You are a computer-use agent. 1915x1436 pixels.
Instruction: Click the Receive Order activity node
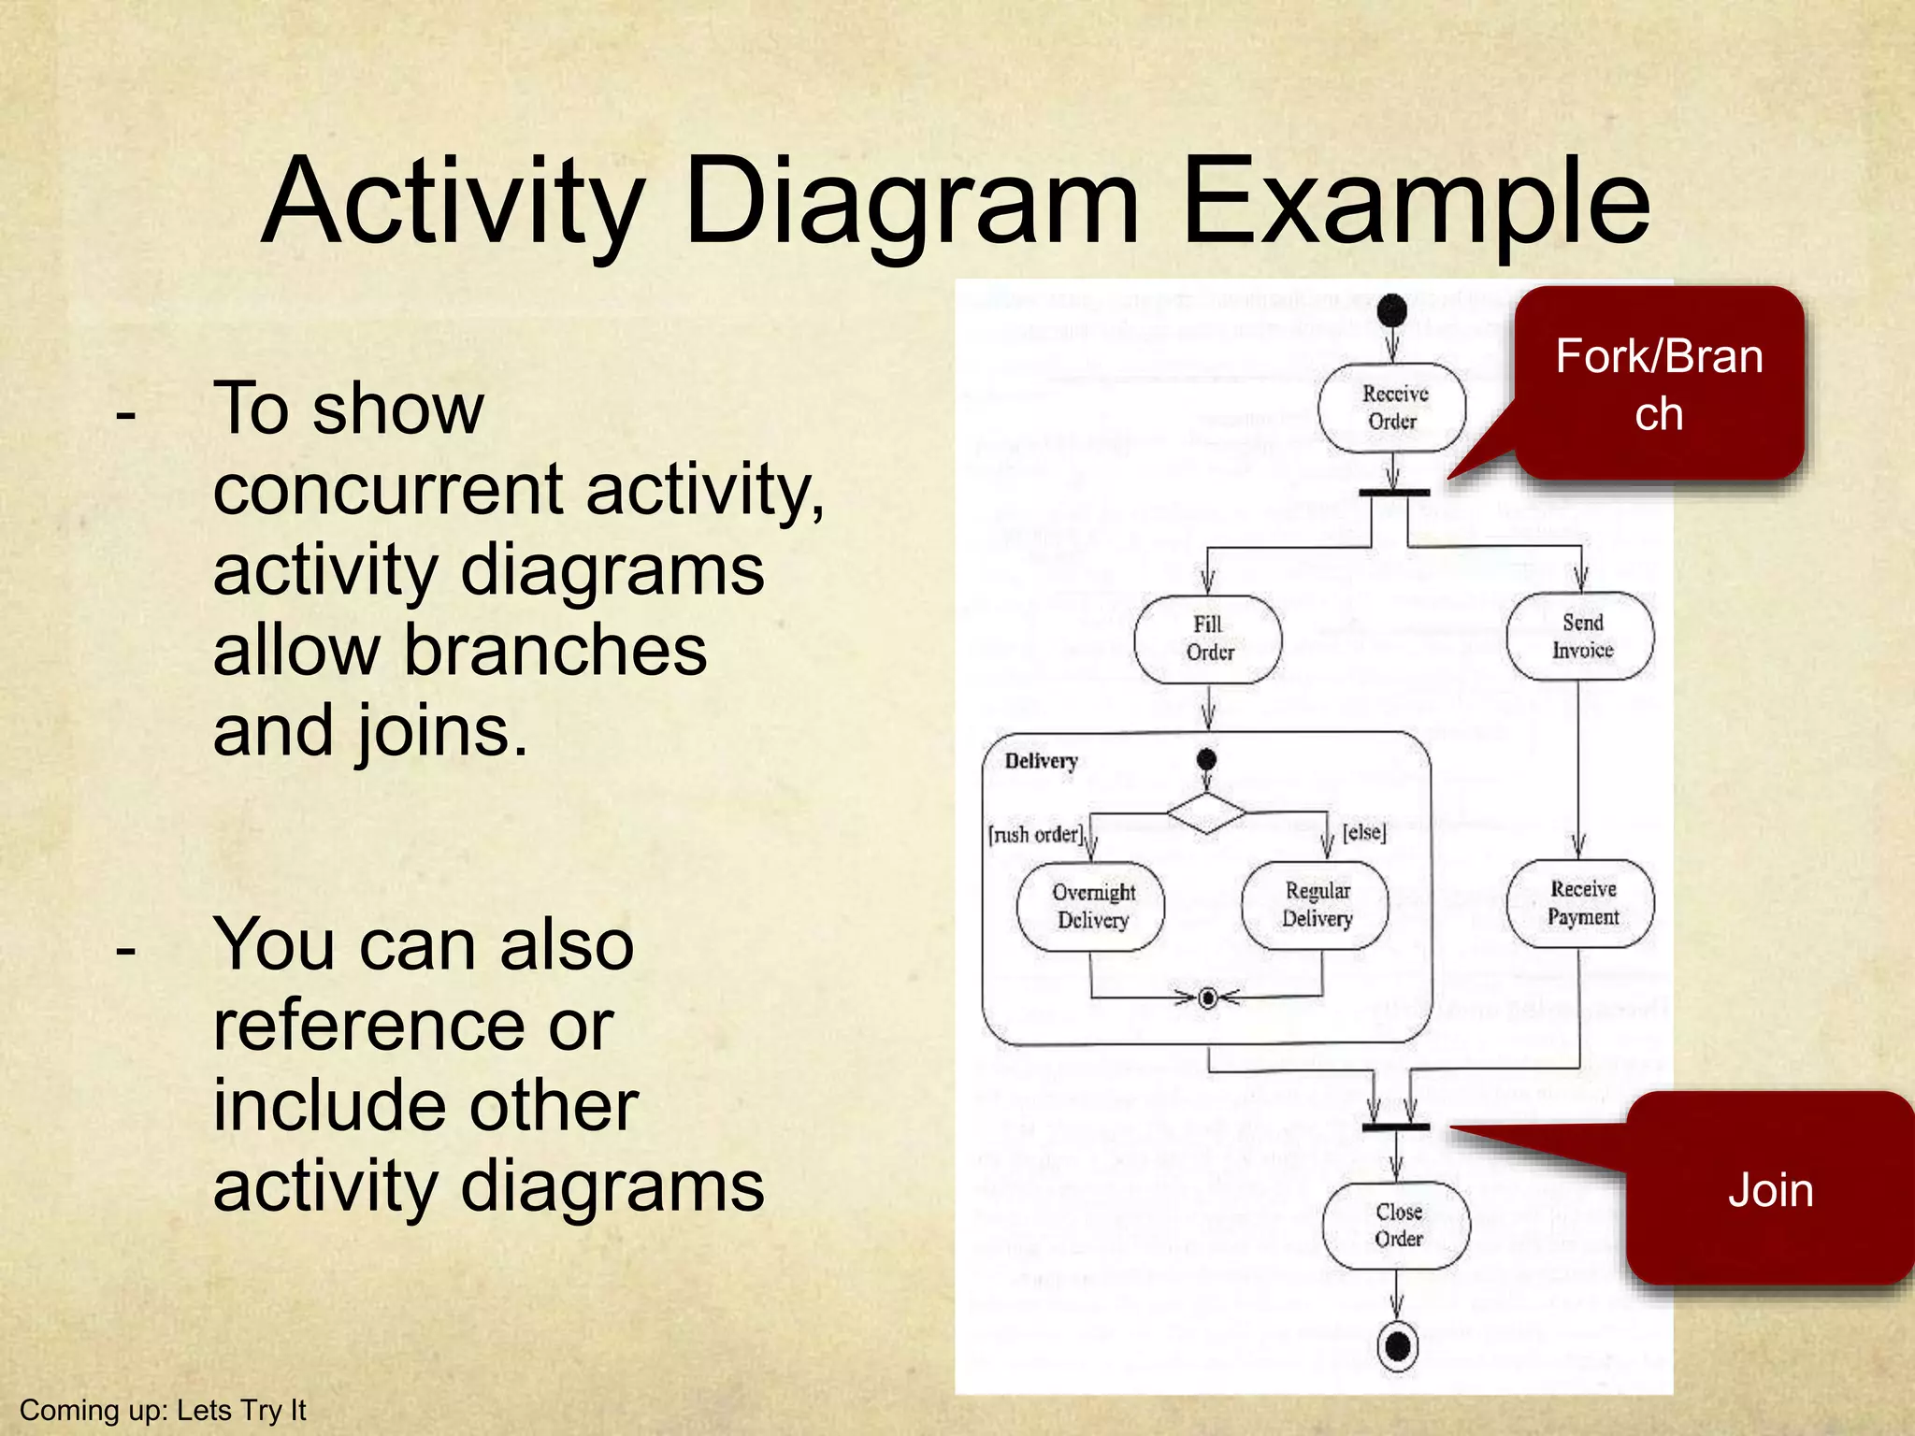tap(1392, 408)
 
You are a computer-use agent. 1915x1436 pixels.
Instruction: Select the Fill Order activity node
tap(1208, 639)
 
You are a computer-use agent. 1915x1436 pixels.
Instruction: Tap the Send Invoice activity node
tap(1580, 636)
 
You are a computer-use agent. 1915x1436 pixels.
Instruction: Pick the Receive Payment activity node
tap(1580, 903)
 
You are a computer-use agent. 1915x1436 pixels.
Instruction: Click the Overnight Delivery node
tap(1091, 906)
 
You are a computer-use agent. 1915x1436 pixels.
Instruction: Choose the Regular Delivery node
tap(1316, 904)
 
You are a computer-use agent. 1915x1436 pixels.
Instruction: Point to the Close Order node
tap(1397, 1225)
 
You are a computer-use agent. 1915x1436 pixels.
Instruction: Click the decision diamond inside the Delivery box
tap(1206, 812)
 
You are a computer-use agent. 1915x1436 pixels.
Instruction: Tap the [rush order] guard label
tap(1036, 834)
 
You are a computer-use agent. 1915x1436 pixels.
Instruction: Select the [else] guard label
tap(1364, 831)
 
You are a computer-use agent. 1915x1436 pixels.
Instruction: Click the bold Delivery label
tap(1041, 761)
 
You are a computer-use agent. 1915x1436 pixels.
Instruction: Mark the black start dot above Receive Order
tap(1392, 310)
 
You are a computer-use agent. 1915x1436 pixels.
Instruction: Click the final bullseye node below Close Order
tap(1398, 1346)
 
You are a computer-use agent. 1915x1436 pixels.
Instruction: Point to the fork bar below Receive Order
tap(1393, 492)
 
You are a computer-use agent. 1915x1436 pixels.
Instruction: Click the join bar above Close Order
tap(1395, 1127)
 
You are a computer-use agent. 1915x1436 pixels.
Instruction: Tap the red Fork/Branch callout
tap(1659, 383)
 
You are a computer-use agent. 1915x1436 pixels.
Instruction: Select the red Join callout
tap(1769, 1189)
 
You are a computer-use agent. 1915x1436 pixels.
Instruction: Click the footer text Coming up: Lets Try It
tap(163, 1410)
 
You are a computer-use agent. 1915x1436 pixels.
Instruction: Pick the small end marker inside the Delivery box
tap(1207, 998)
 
